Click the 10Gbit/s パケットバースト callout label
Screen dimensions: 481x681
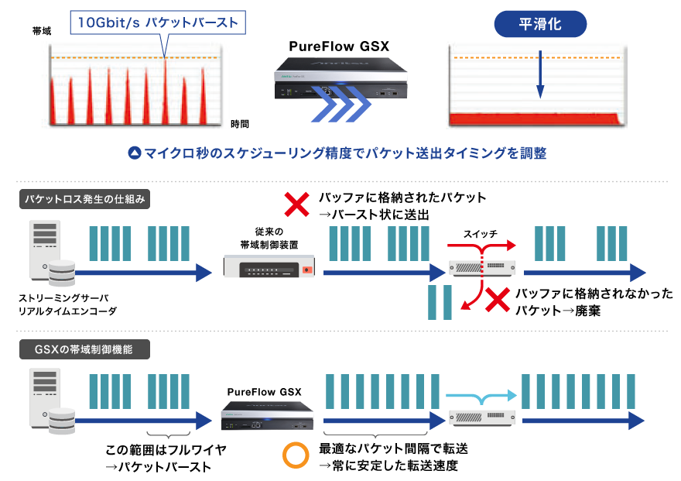coord(158,22)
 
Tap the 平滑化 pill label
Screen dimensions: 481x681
coord(540,24)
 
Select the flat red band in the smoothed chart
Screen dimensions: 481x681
coord(536,119)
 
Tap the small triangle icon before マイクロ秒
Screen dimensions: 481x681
coord(134,153)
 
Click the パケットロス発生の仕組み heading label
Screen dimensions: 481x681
coord(84,199)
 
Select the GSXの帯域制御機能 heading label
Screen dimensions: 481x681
coord(84,349)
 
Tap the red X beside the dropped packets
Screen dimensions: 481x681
coord(497,301)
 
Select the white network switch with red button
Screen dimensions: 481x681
coord(269,266)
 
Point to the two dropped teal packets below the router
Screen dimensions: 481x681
coord(440,302)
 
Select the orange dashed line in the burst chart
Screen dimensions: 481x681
coord(139,59)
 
